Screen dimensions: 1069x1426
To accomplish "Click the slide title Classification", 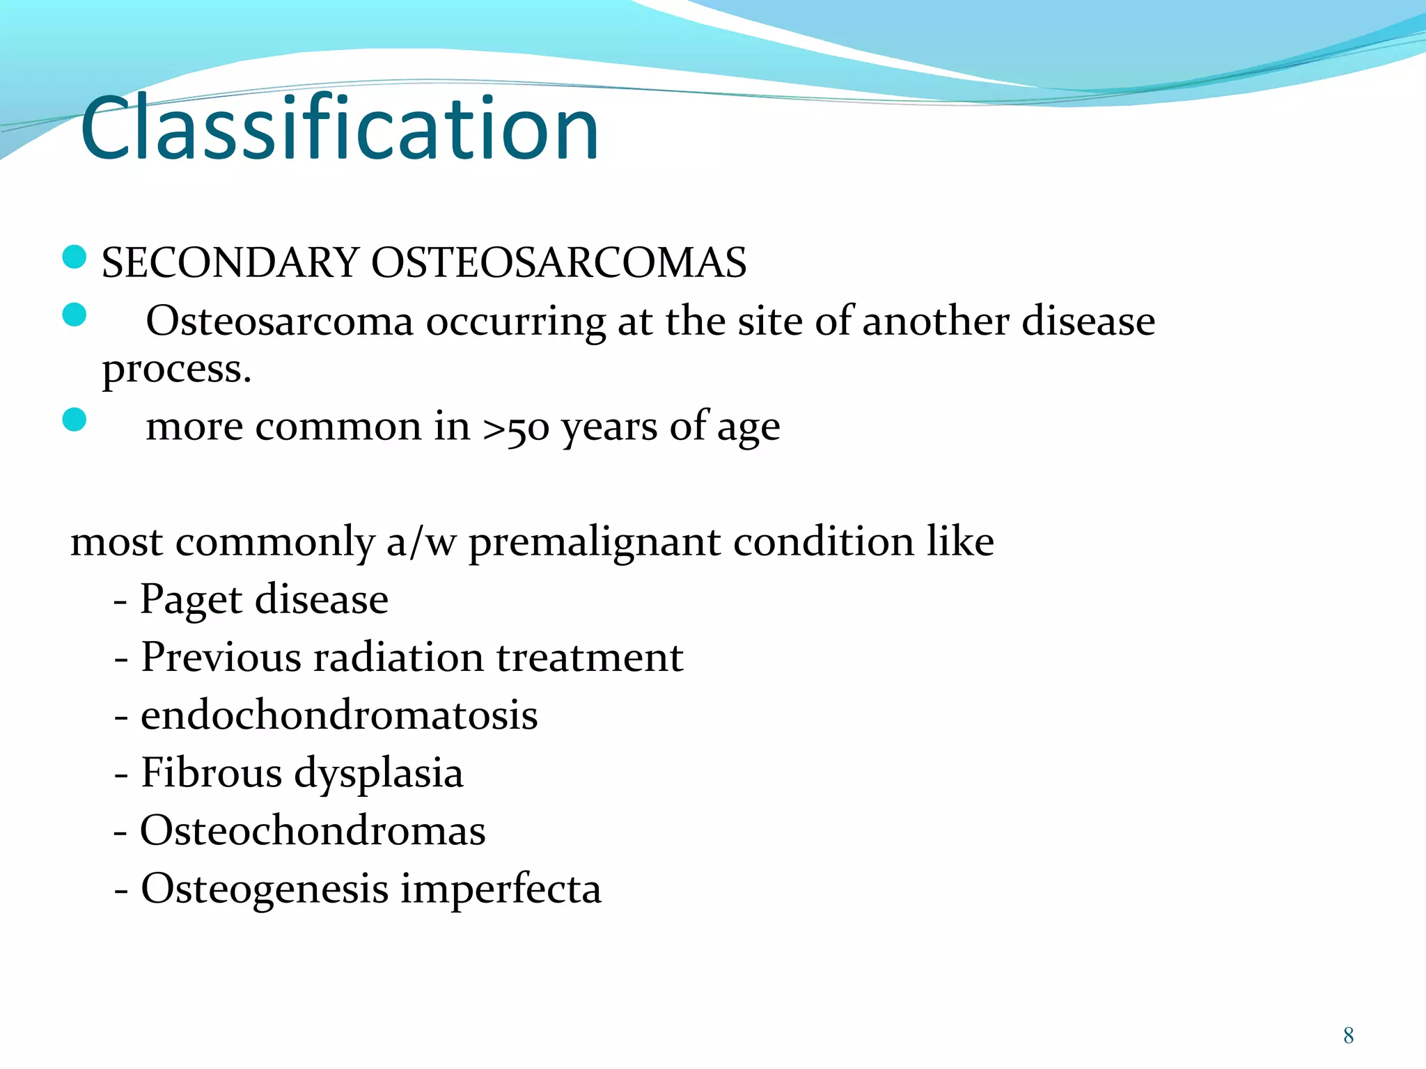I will pos(339,129).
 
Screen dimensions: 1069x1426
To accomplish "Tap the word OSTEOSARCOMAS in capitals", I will pos(558,263).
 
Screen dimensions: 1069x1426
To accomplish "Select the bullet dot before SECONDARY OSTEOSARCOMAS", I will pos(74,257).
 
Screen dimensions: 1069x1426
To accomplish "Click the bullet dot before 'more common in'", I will pos(74,420).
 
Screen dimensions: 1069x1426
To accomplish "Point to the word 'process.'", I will pos(176,370).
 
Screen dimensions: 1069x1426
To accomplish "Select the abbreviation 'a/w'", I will pos(421,542).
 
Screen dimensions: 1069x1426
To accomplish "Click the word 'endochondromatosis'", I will pos(339,715).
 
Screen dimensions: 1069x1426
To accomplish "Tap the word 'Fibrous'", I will pos(211,773).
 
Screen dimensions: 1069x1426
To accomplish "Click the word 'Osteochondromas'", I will pos(313,831).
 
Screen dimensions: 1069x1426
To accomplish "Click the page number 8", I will pos(1348,1036).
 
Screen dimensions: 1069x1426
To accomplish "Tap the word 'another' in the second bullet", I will pos(936,322).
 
